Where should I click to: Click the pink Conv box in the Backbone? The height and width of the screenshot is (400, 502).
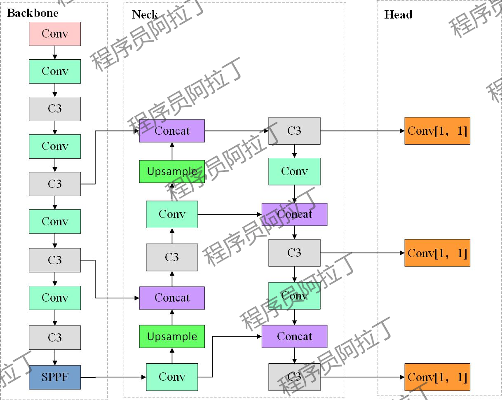[55, 34]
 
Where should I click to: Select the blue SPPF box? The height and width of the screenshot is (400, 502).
[55, 377]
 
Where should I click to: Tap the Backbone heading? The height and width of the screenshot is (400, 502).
[33, 13]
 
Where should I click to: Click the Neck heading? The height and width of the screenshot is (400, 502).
[145, 14]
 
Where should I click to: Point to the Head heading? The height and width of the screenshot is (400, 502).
[398, 14]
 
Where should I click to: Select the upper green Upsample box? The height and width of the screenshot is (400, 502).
[172, 171]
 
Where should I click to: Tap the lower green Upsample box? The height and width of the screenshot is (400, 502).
[172, 336]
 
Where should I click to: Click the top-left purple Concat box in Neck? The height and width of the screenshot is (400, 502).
[172, 131]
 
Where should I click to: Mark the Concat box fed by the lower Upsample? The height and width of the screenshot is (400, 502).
[172, 298]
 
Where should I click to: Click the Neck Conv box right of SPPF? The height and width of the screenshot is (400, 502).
[172, 377]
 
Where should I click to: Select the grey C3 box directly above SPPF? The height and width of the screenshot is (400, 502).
[55, 337]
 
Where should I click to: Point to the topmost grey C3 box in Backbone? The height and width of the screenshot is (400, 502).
[55, 109]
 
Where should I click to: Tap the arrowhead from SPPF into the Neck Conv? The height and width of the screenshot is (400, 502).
[144, 377]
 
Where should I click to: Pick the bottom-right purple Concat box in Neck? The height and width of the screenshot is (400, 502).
[294, 336]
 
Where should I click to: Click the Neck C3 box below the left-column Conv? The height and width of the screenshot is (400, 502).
[172, 257]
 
